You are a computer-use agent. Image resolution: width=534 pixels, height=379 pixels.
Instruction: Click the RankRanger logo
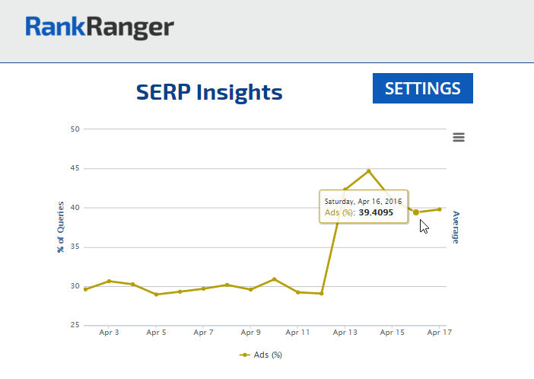[100, 28]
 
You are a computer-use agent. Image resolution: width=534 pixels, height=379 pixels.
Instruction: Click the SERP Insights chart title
[209, 93]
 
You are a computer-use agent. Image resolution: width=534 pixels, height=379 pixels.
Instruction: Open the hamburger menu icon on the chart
[458, 137]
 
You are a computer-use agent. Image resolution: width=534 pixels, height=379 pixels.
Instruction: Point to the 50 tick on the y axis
[75, 129]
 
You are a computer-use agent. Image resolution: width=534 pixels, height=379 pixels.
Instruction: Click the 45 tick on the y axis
[75, 168]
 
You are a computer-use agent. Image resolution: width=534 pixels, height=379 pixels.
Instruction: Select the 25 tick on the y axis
[75, 326]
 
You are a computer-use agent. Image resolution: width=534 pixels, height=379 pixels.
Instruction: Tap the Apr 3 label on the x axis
[109, 333]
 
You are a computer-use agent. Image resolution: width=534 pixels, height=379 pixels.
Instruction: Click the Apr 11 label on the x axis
[297, 333]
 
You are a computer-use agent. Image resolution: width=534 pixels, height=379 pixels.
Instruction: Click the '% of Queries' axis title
[60, 228]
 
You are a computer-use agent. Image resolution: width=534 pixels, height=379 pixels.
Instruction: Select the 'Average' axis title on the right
[456, 227]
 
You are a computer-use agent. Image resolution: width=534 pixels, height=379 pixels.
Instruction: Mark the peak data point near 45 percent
[369, 170]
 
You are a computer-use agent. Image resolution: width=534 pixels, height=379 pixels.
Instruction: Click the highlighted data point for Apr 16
[416, 212]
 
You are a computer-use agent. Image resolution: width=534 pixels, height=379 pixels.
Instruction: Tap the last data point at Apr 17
[440, 209]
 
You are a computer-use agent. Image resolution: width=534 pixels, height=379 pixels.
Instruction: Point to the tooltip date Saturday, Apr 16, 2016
[363, 200]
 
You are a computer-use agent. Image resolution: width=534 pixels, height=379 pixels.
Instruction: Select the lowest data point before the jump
[322, 293]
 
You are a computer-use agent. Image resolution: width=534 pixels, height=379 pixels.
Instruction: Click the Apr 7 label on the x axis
[203, 333]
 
